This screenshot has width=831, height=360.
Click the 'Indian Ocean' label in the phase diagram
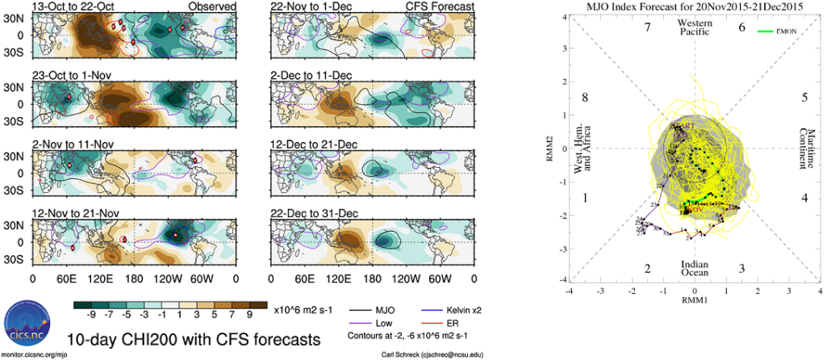pyautogui.click(x=695, y=269)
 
